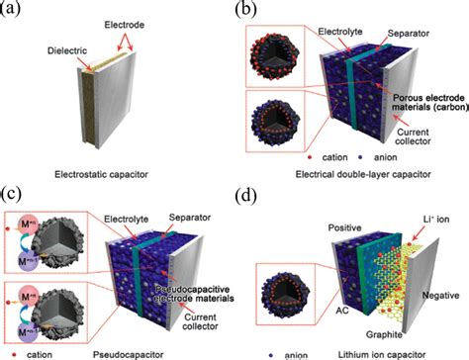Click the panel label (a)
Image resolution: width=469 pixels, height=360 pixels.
tap(17, 11)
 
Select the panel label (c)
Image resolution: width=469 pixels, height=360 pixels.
tap(17, 191)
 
